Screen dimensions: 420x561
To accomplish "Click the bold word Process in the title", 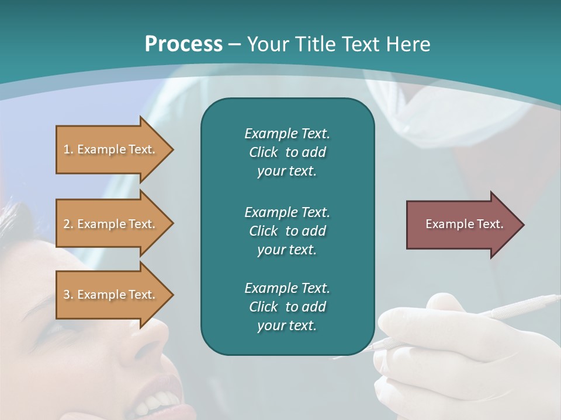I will [183, 44].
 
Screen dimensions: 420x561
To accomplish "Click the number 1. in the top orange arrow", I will [68, 149].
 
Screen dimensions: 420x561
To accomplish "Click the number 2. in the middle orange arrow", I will [68, 224].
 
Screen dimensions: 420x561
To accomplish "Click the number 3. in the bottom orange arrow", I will [68, 295].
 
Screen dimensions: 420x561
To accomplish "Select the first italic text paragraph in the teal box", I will [287, 152].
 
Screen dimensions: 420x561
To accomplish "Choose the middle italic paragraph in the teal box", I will [287, 230].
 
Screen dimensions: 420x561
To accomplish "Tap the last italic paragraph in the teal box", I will [287, 307].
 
